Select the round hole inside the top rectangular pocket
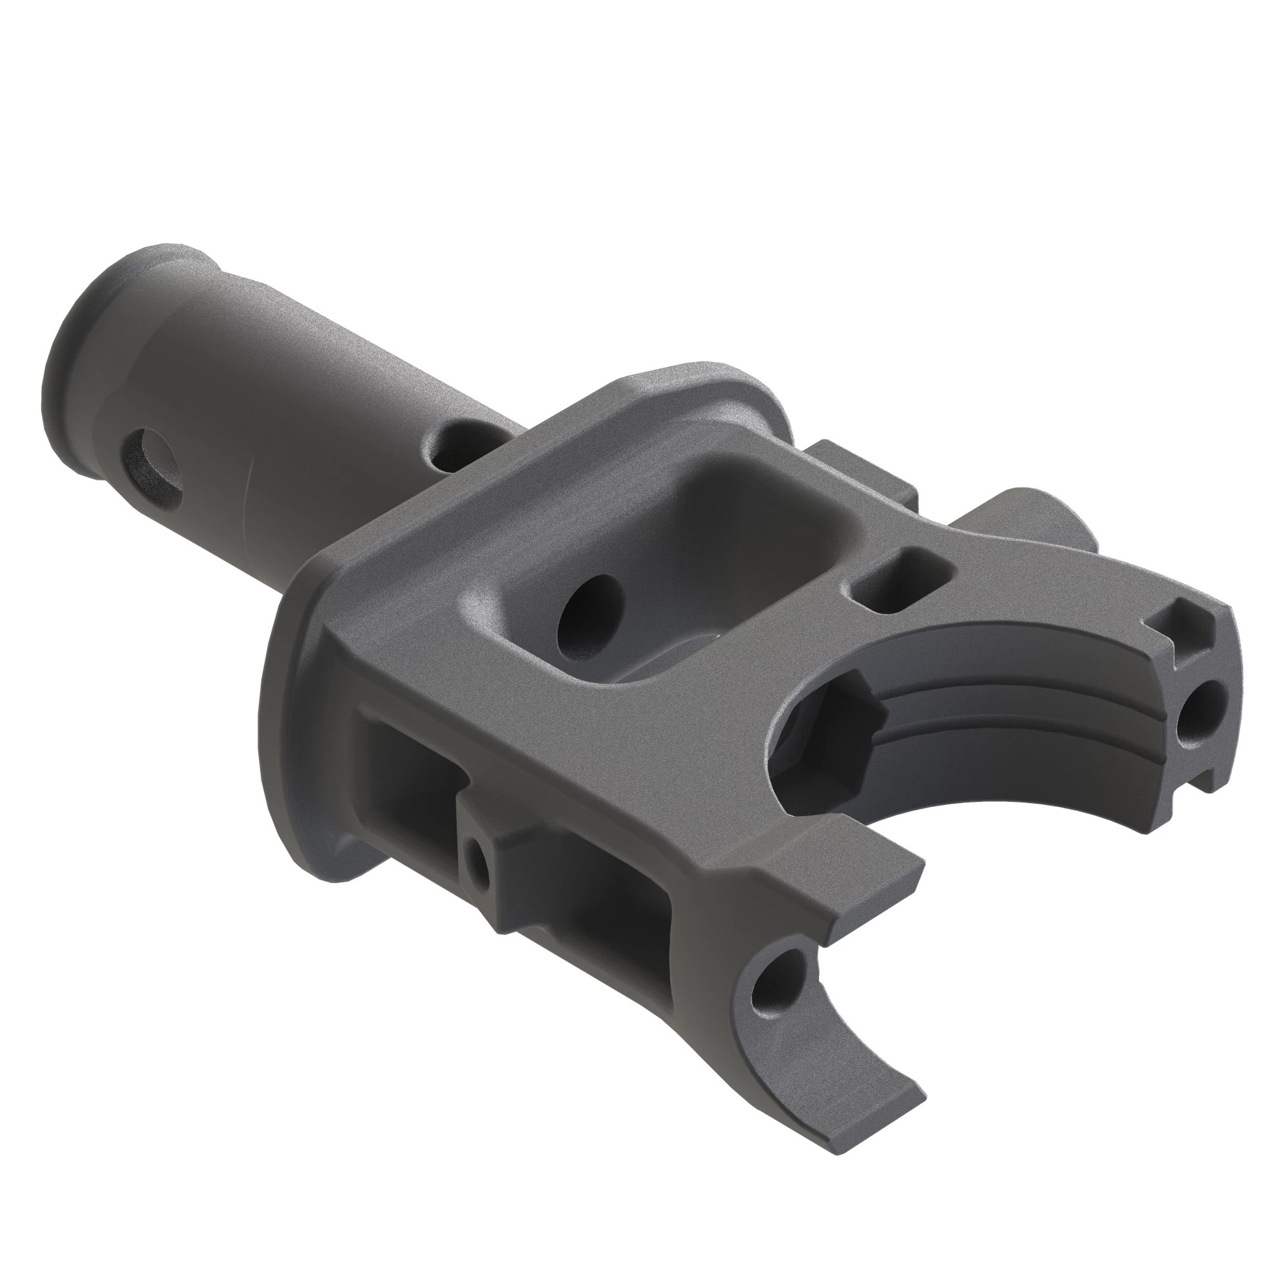[x=589, y=610]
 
